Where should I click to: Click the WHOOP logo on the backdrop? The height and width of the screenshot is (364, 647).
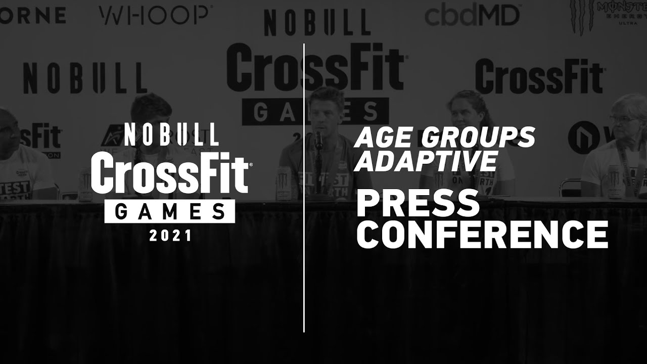(x=153, y=15)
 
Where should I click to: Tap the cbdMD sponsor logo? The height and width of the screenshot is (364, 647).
(x=472, y=15)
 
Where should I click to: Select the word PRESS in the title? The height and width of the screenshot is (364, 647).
(x=418, y=203)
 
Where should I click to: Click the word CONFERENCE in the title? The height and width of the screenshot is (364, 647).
(x=482, y=234)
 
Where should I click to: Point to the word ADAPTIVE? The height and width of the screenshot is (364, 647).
(x=426, y=161)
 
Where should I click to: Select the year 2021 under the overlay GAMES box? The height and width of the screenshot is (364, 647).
(x=170, y=235)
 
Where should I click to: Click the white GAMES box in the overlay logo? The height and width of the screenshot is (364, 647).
(x=170, y=211)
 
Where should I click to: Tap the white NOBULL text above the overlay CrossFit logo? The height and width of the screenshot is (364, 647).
(x=171, y=134)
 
